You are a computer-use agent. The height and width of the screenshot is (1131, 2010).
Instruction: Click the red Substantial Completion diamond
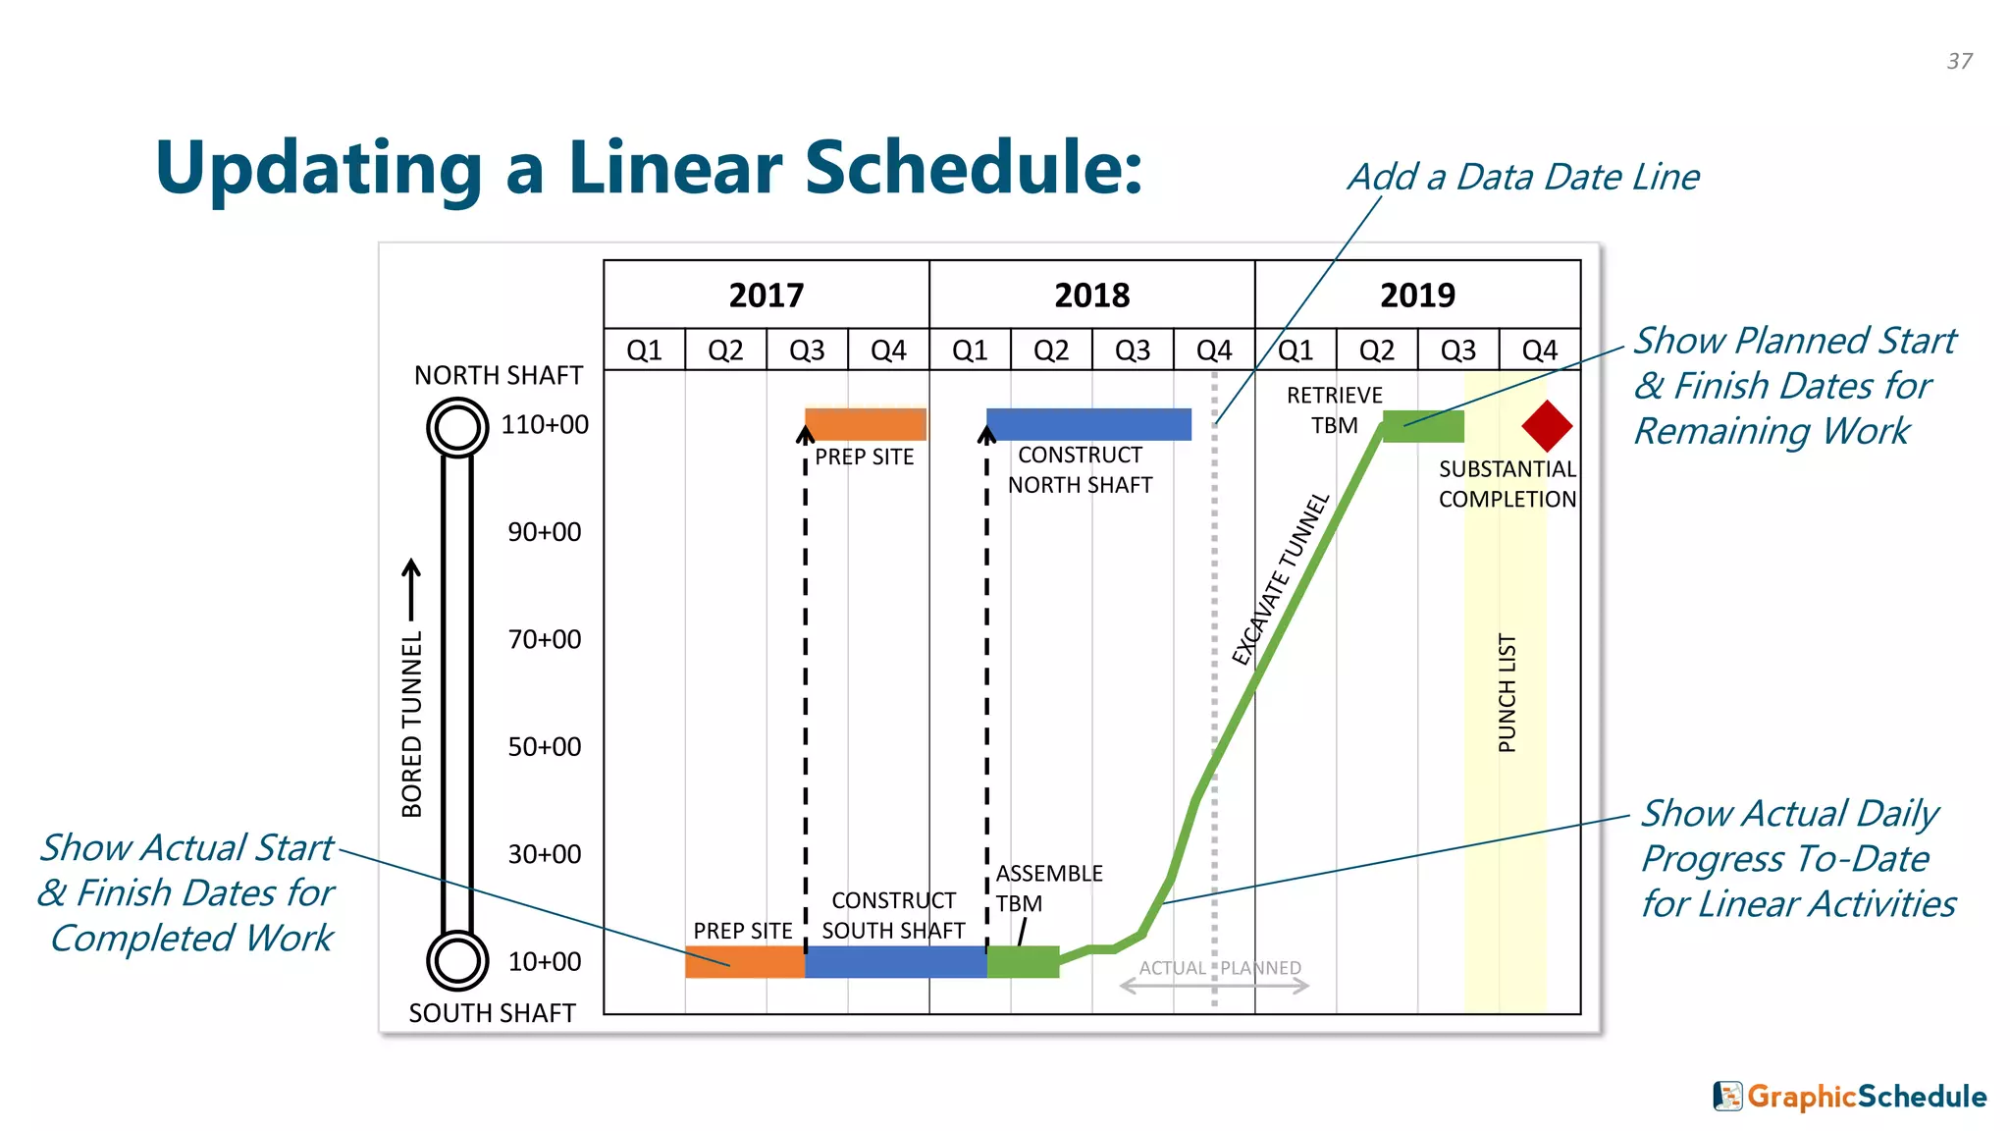[1547, 426]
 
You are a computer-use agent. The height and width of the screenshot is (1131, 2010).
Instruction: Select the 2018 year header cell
[1091, 295]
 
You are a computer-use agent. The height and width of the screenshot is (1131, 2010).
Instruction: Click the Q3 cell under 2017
[807, 350]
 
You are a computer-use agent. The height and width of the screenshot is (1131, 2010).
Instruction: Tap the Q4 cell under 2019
[1539, 350]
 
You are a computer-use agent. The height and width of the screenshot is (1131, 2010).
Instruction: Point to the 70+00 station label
[544, 639]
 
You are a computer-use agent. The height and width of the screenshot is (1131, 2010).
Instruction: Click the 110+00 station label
[545, 424]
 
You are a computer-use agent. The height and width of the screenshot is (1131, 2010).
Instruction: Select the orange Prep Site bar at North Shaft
[866, 424]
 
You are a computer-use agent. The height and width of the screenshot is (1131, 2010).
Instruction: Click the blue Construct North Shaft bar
[1088, 424]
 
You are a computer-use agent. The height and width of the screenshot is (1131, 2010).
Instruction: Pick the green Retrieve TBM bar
[1423, 426]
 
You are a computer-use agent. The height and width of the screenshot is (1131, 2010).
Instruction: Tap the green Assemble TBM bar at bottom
[1023, 962]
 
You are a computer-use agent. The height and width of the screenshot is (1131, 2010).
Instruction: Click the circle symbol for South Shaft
[457, 960]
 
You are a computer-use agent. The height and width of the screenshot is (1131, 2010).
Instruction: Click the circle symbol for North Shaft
[457, 427]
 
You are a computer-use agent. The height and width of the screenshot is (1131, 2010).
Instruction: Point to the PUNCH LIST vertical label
[1507, 693]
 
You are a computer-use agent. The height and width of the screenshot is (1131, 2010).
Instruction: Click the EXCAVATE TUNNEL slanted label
[1280, 579]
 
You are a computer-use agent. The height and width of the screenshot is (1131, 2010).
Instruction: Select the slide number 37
[1959, 61]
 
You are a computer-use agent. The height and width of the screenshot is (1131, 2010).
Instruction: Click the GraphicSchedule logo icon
[1727, 1096]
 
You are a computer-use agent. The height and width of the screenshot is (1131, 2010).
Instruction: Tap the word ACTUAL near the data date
[1172, 968]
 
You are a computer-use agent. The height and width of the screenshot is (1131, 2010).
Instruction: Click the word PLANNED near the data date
[1261, 968]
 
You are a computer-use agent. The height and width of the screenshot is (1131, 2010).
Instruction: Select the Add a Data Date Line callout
[1523, 177]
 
